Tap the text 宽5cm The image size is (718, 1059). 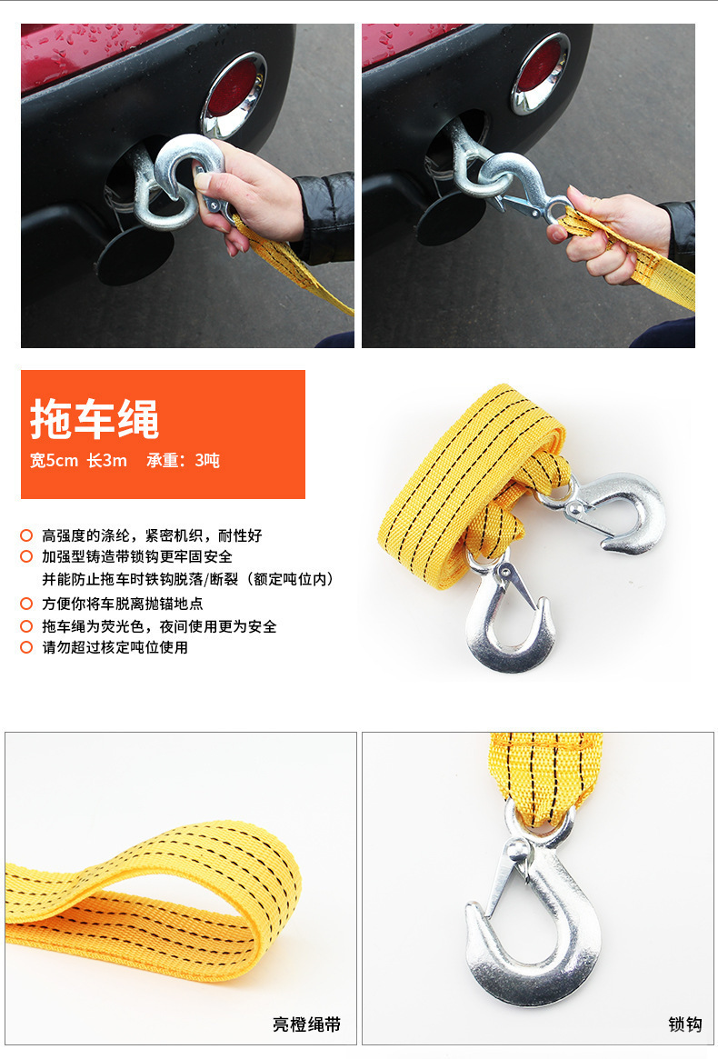(x=54, y=461)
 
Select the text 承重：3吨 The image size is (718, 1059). (x=183, y=461)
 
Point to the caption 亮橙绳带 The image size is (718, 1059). (x=307, y=1024)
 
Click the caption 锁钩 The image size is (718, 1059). (x=684, y=1024)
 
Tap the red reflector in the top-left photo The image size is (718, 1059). (x=233, y=88)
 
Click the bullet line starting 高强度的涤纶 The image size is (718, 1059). (x=152, y=535)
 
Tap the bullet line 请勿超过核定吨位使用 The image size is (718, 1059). (x=115, y=647)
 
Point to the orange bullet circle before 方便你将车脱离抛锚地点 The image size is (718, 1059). (x=26, y=604)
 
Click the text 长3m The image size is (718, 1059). (x=107, y=461)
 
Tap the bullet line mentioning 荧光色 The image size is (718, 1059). (x=159, y=626)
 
